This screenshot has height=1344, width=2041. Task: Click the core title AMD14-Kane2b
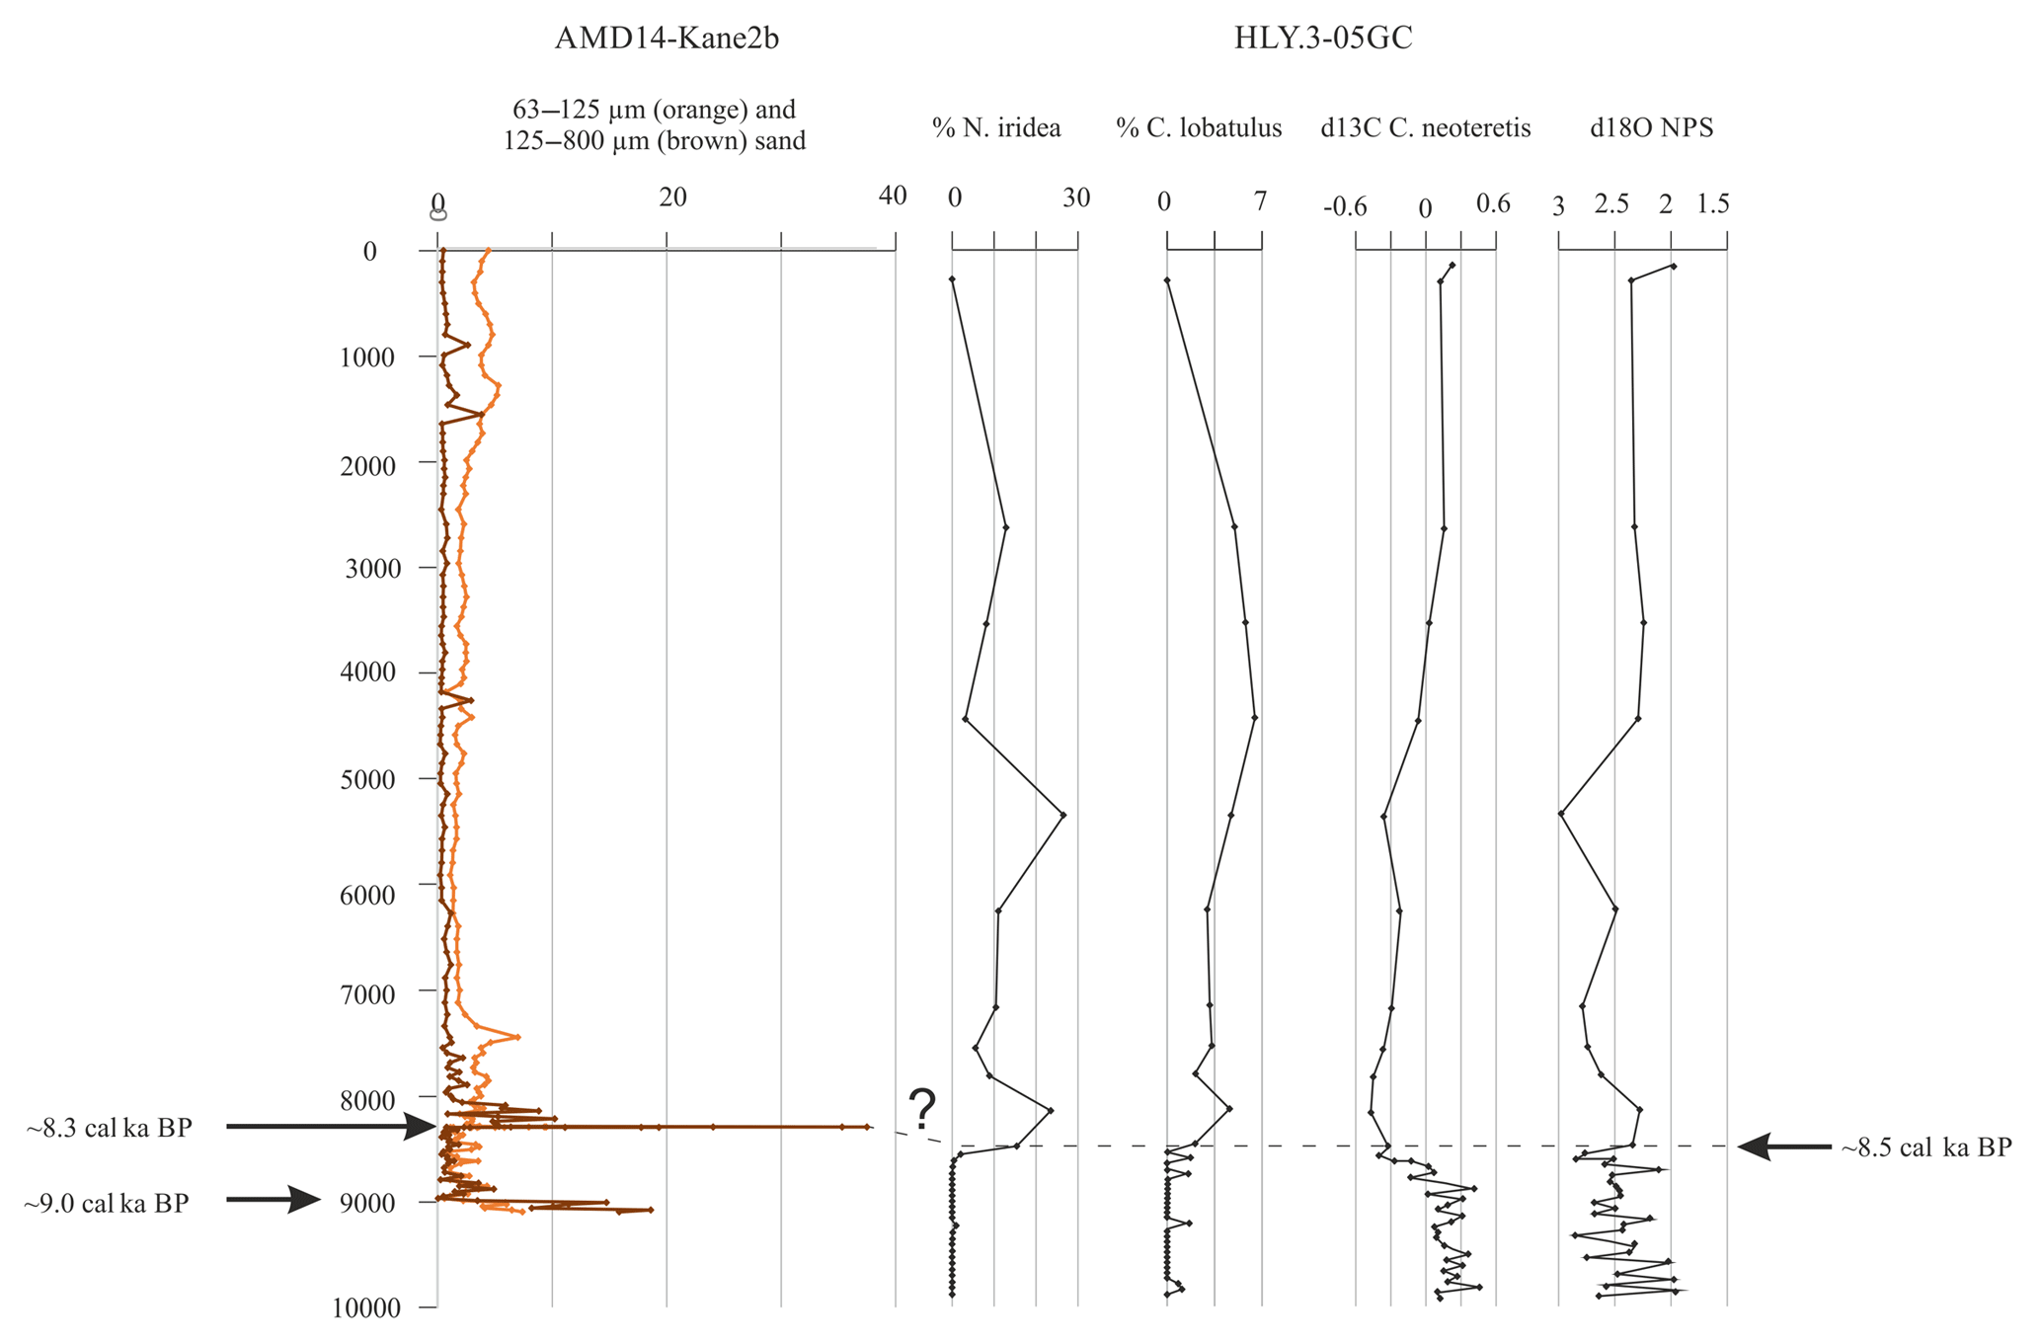(667, 39)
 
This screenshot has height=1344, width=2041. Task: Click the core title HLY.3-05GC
(1323, 39)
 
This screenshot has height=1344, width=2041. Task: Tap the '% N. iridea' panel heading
(996, 127)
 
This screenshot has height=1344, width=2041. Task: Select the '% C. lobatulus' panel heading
(1199, 127)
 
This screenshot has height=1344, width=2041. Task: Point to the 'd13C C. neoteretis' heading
(1425, 127)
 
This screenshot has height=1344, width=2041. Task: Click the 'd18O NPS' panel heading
(1651, 127)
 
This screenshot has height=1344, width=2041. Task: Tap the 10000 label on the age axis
(364, 1308)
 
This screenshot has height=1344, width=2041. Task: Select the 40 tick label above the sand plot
(893, 197)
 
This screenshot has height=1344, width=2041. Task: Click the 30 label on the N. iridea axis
(1076, 198)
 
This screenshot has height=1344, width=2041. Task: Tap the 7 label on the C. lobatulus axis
(1260, 201)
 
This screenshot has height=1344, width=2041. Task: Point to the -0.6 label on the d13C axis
(1345, 207)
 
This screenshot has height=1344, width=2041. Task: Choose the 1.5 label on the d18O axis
(1713, 204)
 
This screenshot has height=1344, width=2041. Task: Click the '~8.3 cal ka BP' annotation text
(109, 1128)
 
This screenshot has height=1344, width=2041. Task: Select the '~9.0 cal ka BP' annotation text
(107, 1204)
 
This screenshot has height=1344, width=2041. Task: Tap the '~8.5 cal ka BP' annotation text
(1925, 1147)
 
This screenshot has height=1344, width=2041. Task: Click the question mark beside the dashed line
(922, 1110)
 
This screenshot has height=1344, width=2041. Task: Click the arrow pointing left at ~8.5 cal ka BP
(1784, 1146)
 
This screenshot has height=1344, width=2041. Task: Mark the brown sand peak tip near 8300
(868, 1127)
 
